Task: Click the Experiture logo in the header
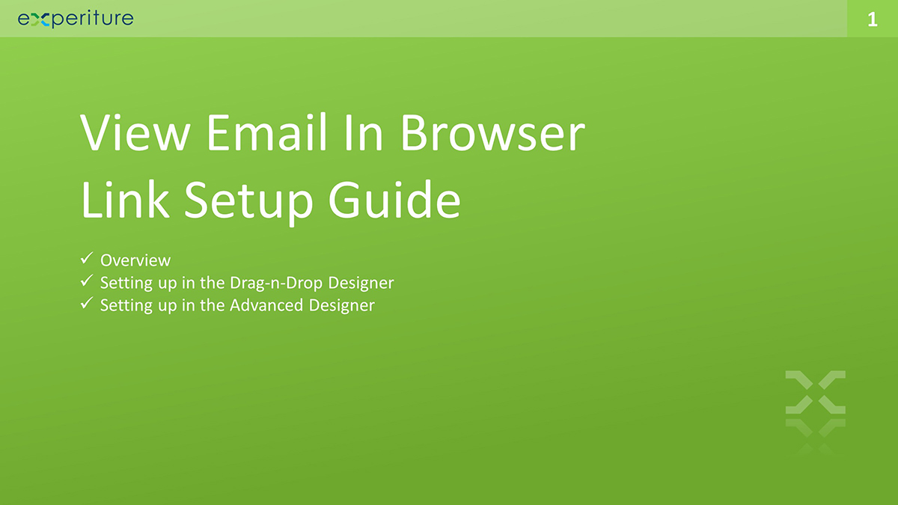(76, 19)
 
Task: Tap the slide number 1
(872, 19)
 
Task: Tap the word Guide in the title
(395, 199)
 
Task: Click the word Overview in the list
(135, 260)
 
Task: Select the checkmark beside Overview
(86, 259)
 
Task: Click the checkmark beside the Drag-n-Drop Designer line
(86, 281)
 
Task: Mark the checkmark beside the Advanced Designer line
(86, 304)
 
